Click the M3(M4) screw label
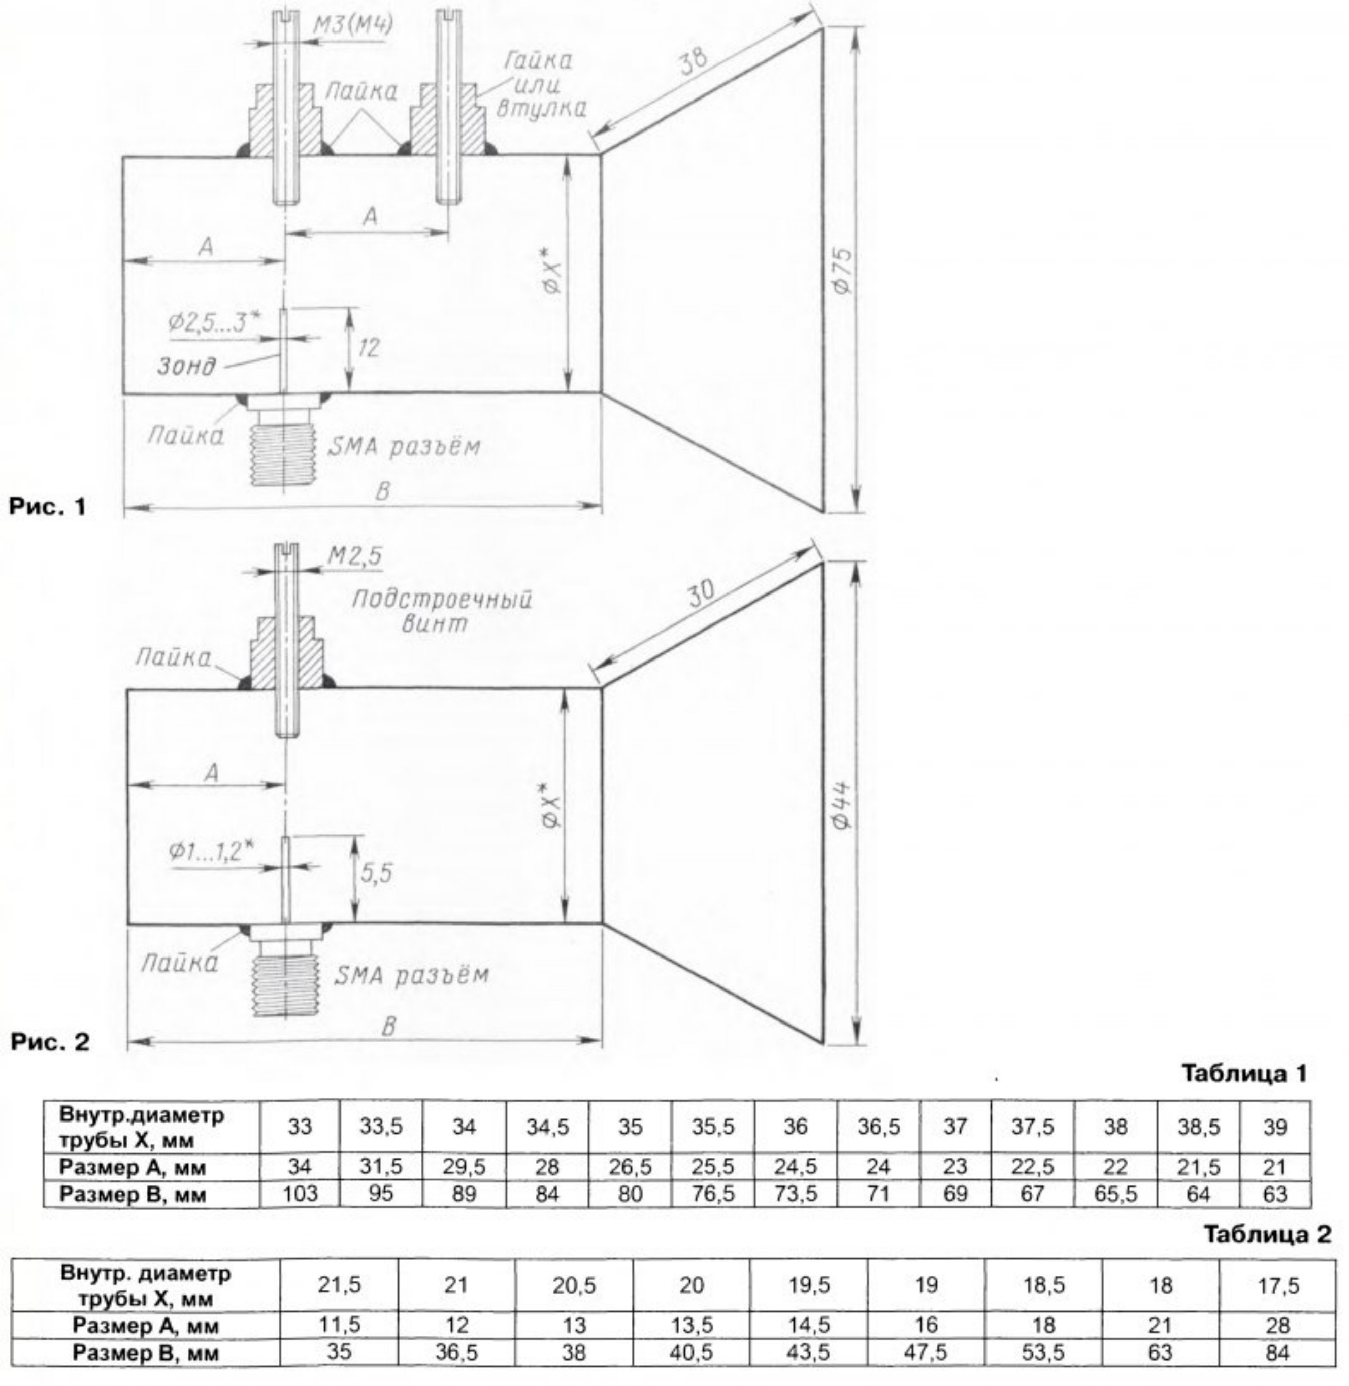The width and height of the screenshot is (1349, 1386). [353, 25]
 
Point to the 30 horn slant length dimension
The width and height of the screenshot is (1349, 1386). [702, 594]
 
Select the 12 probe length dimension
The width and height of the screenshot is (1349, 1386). [369, 347]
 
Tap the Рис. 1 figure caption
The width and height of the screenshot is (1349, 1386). [47, 507]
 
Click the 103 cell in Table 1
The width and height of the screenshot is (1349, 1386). [300, 1195]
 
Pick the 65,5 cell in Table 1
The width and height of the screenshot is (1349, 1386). [1115, 1195]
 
